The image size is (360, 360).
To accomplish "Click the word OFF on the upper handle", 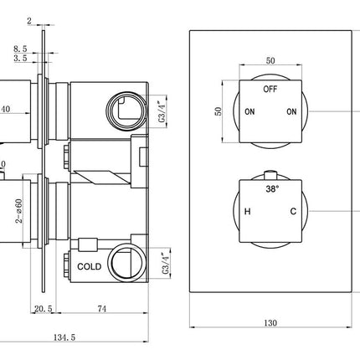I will pyautogui.click(x=270, y=88).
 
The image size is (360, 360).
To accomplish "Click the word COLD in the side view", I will pyautogui.click(x=90, y=265).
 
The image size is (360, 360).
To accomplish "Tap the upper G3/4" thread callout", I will pyautogui.click(x=167, y=109).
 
